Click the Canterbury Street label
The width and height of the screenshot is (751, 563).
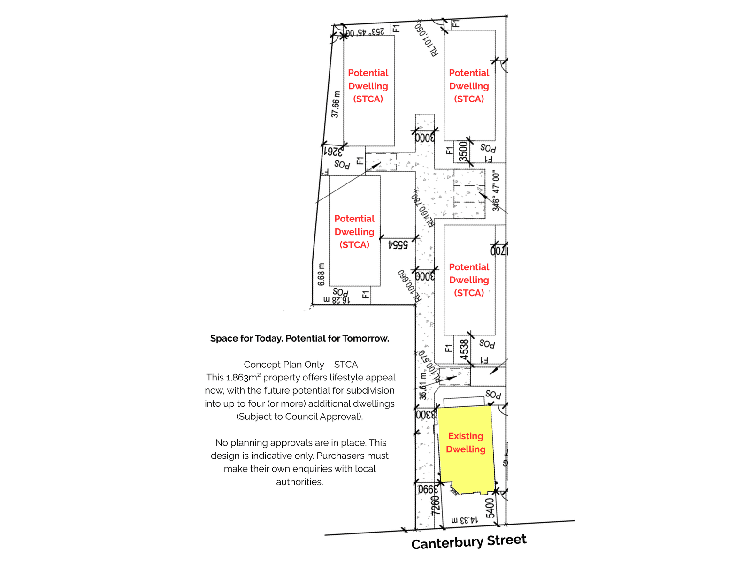pos(468,542)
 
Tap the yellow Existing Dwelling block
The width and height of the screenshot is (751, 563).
pos(466,446)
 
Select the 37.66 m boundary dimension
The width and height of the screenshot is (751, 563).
pos(335,105)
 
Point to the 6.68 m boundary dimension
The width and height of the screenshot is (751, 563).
pos(321,274)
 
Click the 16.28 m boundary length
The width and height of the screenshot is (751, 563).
pos(337,300)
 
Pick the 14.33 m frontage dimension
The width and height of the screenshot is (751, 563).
pos(465,520)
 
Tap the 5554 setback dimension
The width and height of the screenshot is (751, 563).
pos(398,244)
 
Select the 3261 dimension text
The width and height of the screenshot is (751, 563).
pos(333,152)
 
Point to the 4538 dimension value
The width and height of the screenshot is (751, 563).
pos(464,350)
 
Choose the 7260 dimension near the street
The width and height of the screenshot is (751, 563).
pos(436,505)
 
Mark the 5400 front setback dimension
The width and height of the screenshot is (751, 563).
pos(490,508)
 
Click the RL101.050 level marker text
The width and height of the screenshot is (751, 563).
pos(427,40)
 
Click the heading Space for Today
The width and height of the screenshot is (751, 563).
pos(299,338)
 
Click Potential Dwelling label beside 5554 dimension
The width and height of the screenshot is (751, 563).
pos(354,232)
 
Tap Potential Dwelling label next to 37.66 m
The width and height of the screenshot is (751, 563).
pos(368,86)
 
